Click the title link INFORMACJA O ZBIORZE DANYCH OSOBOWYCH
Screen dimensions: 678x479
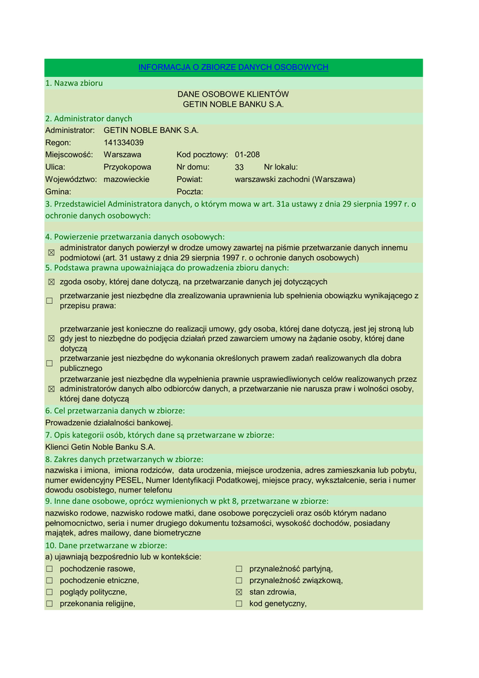(x=233, y=68)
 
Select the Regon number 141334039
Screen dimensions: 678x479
(x=123, y=142)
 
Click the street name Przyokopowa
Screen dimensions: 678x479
(x=127, y=167)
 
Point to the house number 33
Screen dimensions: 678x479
(x=239, y=168)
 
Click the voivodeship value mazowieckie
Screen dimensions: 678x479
(x=126, y=179)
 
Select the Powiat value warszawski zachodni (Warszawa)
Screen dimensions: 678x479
(x=294, y=179)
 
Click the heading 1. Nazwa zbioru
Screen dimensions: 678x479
(x=74, y=83)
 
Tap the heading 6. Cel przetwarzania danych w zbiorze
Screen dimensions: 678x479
(x=114, y=411)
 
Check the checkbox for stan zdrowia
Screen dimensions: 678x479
(x=239, y=592)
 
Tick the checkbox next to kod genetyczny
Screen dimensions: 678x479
(x=239, y=604)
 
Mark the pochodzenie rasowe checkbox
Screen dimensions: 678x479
(x=50, y=569)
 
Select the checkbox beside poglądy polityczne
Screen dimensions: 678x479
(x=50, y=592)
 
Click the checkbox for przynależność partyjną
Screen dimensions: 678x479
(x=239, y=569)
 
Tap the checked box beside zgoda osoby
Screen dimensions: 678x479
(x=50, y=282)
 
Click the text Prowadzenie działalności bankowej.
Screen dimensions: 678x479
(x=109, y=422)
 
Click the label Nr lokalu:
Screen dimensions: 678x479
(x=281, y=167)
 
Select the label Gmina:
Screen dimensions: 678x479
(x=58, y=191)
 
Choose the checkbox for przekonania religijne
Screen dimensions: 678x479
(x=50, y=604)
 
